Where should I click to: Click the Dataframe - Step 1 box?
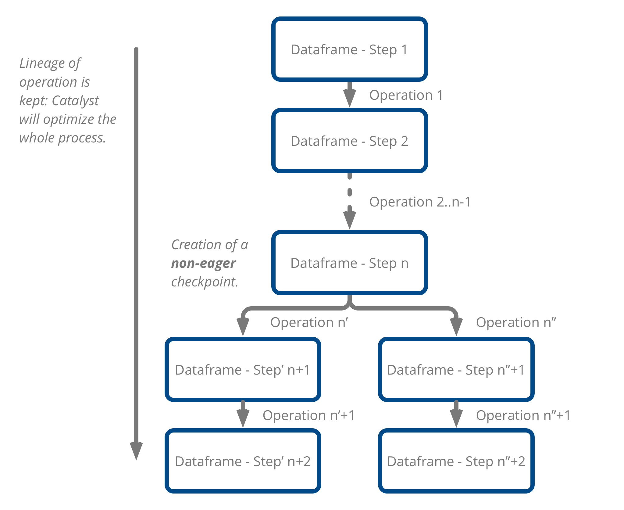(349, 49)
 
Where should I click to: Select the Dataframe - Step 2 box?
(349, 141)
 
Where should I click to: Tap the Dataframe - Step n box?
(349, 263)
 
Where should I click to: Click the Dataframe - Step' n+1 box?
(243, 369)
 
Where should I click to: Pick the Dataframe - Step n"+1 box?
(456, 369)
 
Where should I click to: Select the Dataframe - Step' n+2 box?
(243, 461)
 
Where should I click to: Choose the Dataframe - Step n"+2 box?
(456, 461)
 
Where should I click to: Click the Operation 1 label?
(406, 95)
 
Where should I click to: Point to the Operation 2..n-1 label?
(420, 202)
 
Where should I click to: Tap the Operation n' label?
(309, 322)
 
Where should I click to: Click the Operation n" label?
(516, 322)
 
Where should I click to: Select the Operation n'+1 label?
(308, 415)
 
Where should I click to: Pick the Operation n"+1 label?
(523, 415)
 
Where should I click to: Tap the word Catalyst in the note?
(75, 101)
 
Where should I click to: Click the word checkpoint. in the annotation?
(205, 282)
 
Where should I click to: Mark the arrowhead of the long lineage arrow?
(136, 450)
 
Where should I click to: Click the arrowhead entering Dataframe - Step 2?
(350, 99)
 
